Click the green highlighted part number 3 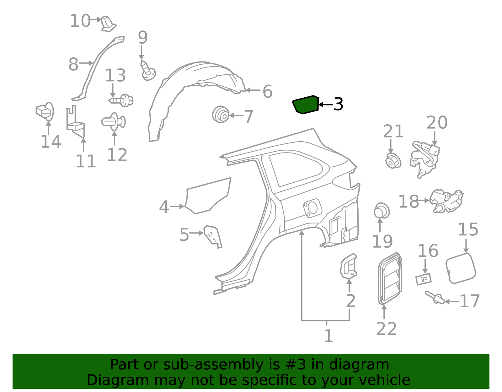[x=305, y=105]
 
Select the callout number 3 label [x=339, y=104]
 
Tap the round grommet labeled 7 [x=221, y=114]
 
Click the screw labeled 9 [x=148, y=70]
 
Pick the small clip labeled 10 [x=109, y=24]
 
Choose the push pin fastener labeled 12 [x=114, y=122]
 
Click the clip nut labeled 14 [x=45, y=111]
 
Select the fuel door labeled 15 [x=460, y=268]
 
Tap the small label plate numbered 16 [x=423, y=279]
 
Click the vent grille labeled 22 [x=390, y=279]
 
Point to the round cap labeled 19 [x=382, y=211]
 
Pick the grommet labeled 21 [x=393, y=161]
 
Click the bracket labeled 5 [x=213, y=236]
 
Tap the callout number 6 [x=268, y=91]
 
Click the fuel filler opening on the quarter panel [x=312, y=208]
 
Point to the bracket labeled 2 [x=348, y=266]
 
